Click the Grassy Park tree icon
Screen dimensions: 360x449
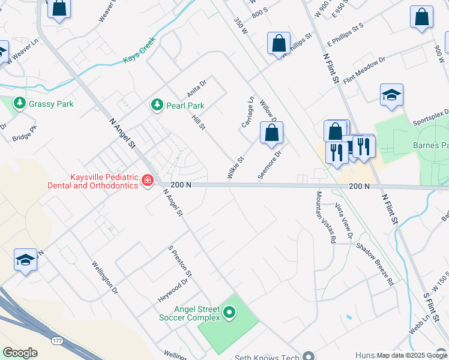point(19,104)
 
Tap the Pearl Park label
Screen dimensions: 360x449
point(185,106)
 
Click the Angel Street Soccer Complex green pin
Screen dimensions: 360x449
point(229,313)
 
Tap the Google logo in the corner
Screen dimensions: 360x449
point(20,352)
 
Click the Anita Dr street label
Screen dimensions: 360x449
point(196,88)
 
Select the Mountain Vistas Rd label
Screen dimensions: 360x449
point(325,217)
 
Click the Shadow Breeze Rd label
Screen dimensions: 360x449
point(375,263)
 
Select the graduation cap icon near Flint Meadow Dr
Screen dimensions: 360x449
point(391,95)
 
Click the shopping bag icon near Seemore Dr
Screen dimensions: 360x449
point(271,133)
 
